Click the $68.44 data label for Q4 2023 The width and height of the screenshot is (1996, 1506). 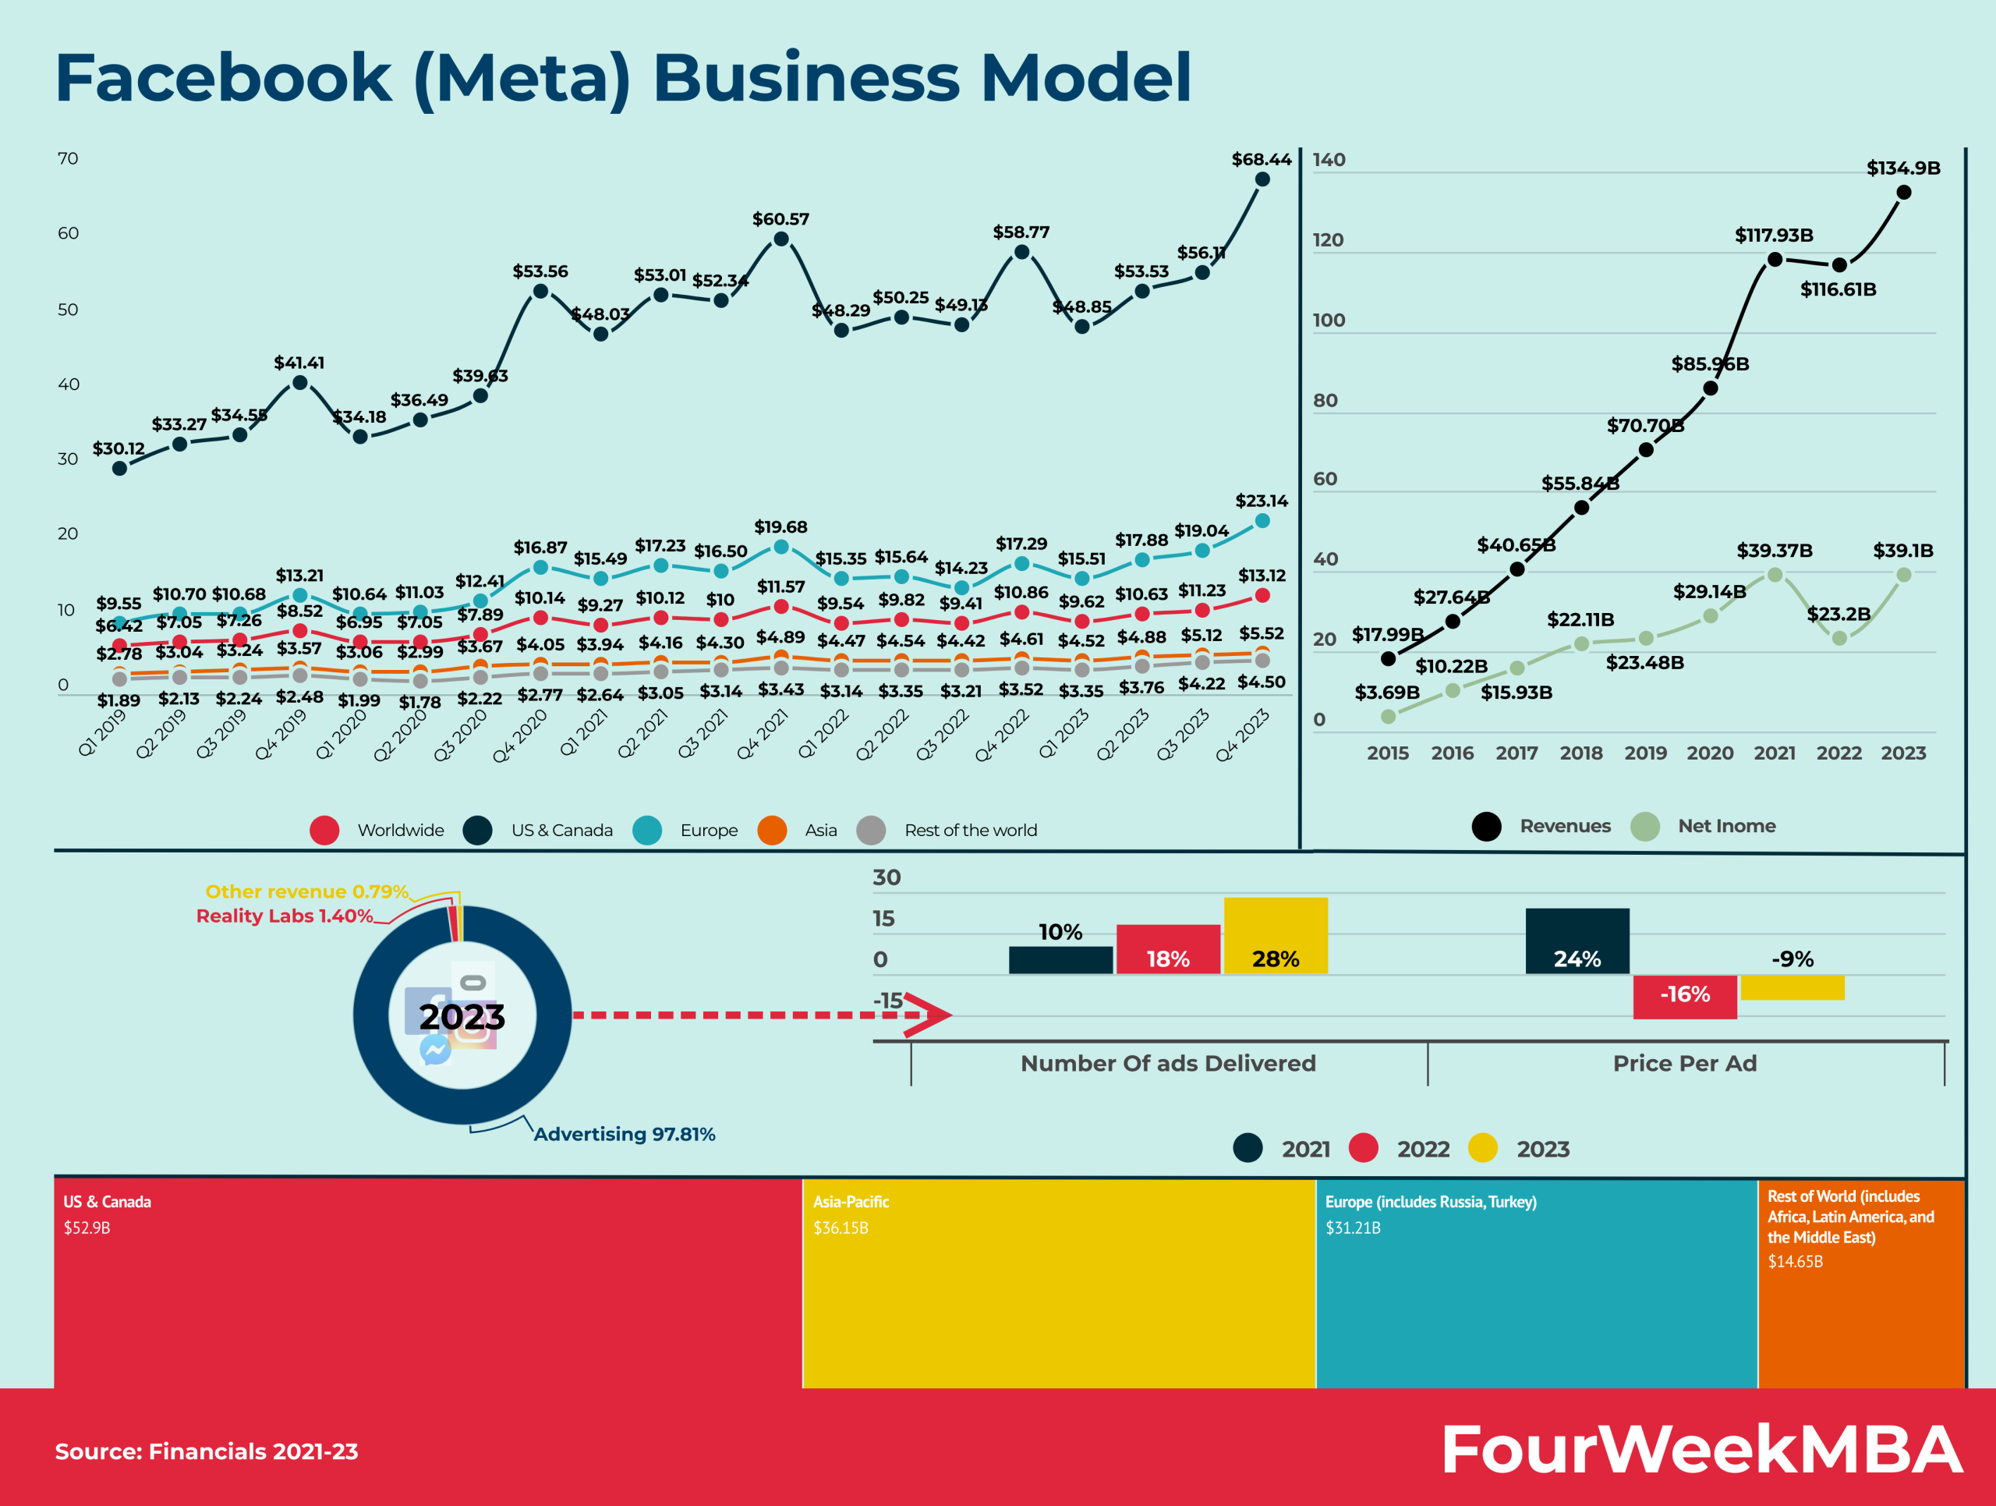1261,160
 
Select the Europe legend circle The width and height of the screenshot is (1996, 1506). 647,830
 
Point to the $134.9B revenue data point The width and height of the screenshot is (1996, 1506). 1903,192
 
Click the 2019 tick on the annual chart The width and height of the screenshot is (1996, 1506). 1645,753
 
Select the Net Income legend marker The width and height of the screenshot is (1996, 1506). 1645,827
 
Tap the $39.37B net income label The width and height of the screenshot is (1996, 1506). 1774,551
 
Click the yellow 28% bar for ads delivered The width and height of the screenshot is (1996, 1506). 1275,936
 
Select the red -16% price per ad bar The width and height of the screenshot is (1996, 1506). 1684,996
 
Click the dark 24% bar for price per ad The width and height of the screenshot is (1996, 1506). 1577,941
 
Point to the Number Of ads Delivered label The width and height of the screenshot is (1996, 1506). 1168,1063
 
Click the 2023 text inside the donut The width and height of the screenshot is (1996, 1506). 462,1017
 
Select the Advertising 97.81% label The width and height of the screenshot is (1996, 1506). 624,1134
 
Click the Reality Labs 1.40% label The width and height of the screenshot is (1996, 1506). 285,916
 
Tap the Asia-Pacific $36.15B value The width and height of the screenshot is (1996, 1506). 840,1228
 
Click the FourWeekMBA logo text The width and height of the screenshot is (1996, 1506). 1701,1450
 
